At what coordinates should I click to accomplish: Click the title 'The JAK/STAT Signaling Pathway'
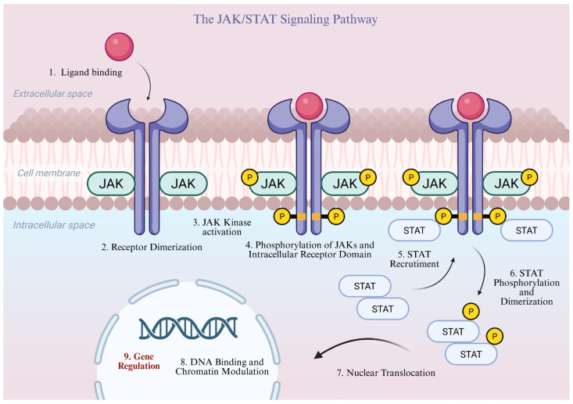(285, 19)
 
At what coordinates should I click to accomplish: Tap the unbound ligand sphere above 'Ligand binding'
(119, 46)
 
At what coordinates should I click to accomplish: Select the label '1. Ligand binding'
(85, 73)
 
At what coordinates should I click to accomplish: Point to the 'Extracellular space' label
(52, 94)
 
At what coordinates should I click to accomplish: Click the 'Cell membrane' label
(49, 173)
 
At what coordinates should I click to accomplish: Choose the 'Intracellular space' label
(54, 225)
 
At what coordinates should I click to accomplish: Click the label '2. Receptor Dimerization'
(152, 247)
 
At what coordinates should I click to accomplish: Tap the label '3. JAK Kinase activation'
(222, 227)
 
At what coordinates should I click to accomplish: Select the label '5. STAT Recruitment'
(414, 259)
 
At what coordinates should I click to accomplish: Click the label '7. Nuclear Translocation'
(386, 373)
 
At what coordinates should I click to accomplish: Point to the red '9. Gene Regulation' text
(139, 361)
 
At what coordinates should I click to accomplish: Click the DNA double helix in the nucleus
(188, 327)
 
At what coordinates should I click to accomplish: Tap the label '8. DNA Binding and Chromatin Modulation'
(222, 366)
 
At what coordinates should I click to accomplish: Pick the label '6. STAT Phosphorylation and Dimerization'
(527, 287)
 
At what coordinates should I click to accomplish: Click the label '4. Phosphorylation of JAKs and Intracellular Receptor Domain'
(310, 250)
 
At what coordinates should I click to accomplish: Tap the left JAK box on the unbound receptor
(111, 184)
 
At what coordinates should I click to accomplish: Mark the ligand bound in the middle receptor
(309, 106)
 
